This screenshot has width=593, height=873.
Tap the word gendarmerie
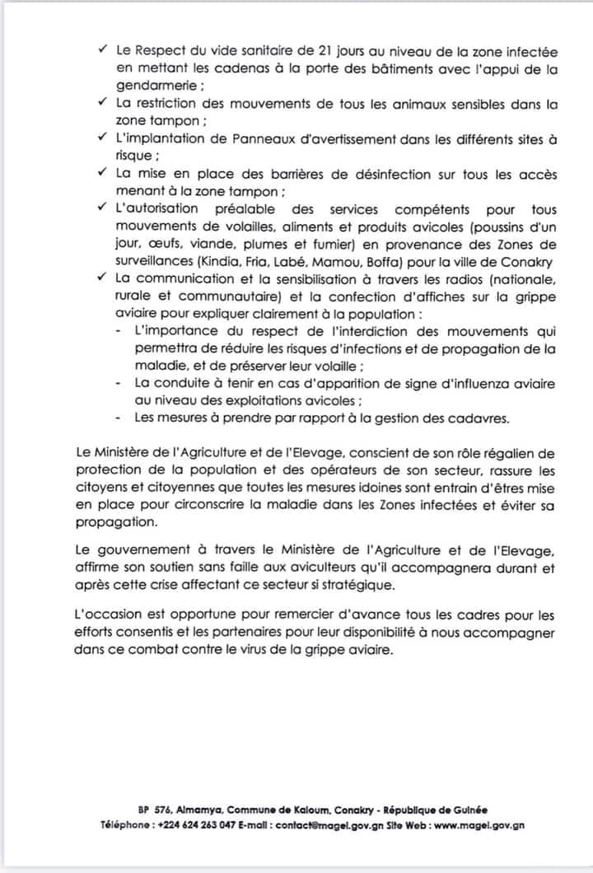(156, 87)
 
